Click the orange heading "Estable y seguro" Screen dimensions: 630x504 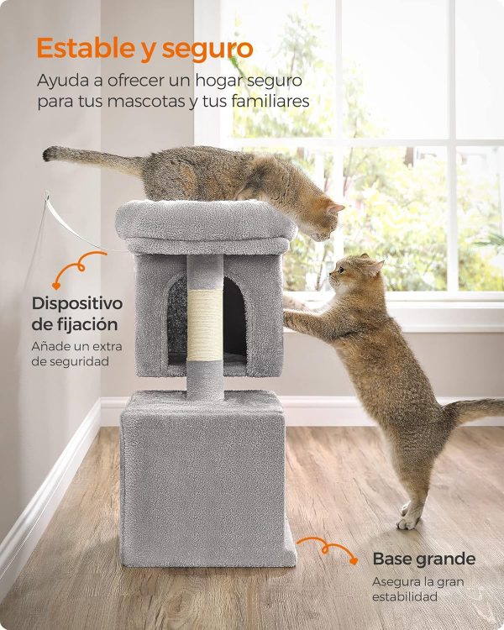tap(144, 49)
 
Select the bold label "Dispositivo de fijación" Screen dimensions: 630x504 tap(77, 312)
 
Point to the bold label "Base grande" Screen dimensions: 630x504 tap(423, 559)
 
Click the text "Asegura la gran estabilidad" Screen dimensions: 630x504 tap(417, 588)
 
